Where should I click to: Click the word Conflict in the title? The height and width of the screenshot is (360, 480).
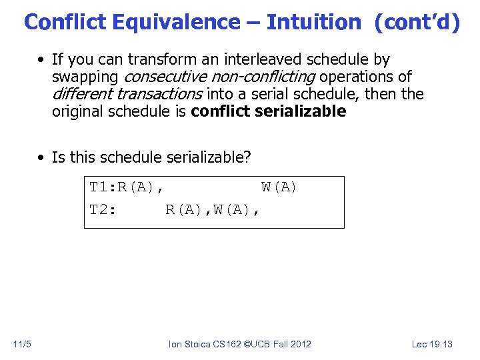click(65, 22)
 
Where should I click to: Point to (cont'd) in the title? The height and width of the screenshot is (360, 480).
click(417, 22)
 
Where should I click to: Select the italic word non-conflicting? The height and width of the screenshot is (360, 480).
click(262, 77)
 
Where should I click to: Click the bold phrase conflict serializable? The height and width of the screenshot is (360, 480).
click(268, 111)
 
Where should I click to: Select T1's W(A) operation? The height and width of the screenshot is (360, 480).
click(279, 188)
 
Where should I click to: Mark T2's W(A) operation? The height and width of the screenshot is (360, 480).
click(237, 211)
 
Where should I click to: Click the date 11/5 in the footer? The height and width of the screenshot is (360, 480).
click(22, 344)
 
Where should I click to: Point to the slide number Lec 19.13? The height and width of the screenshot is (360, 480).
click(432, 344)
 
